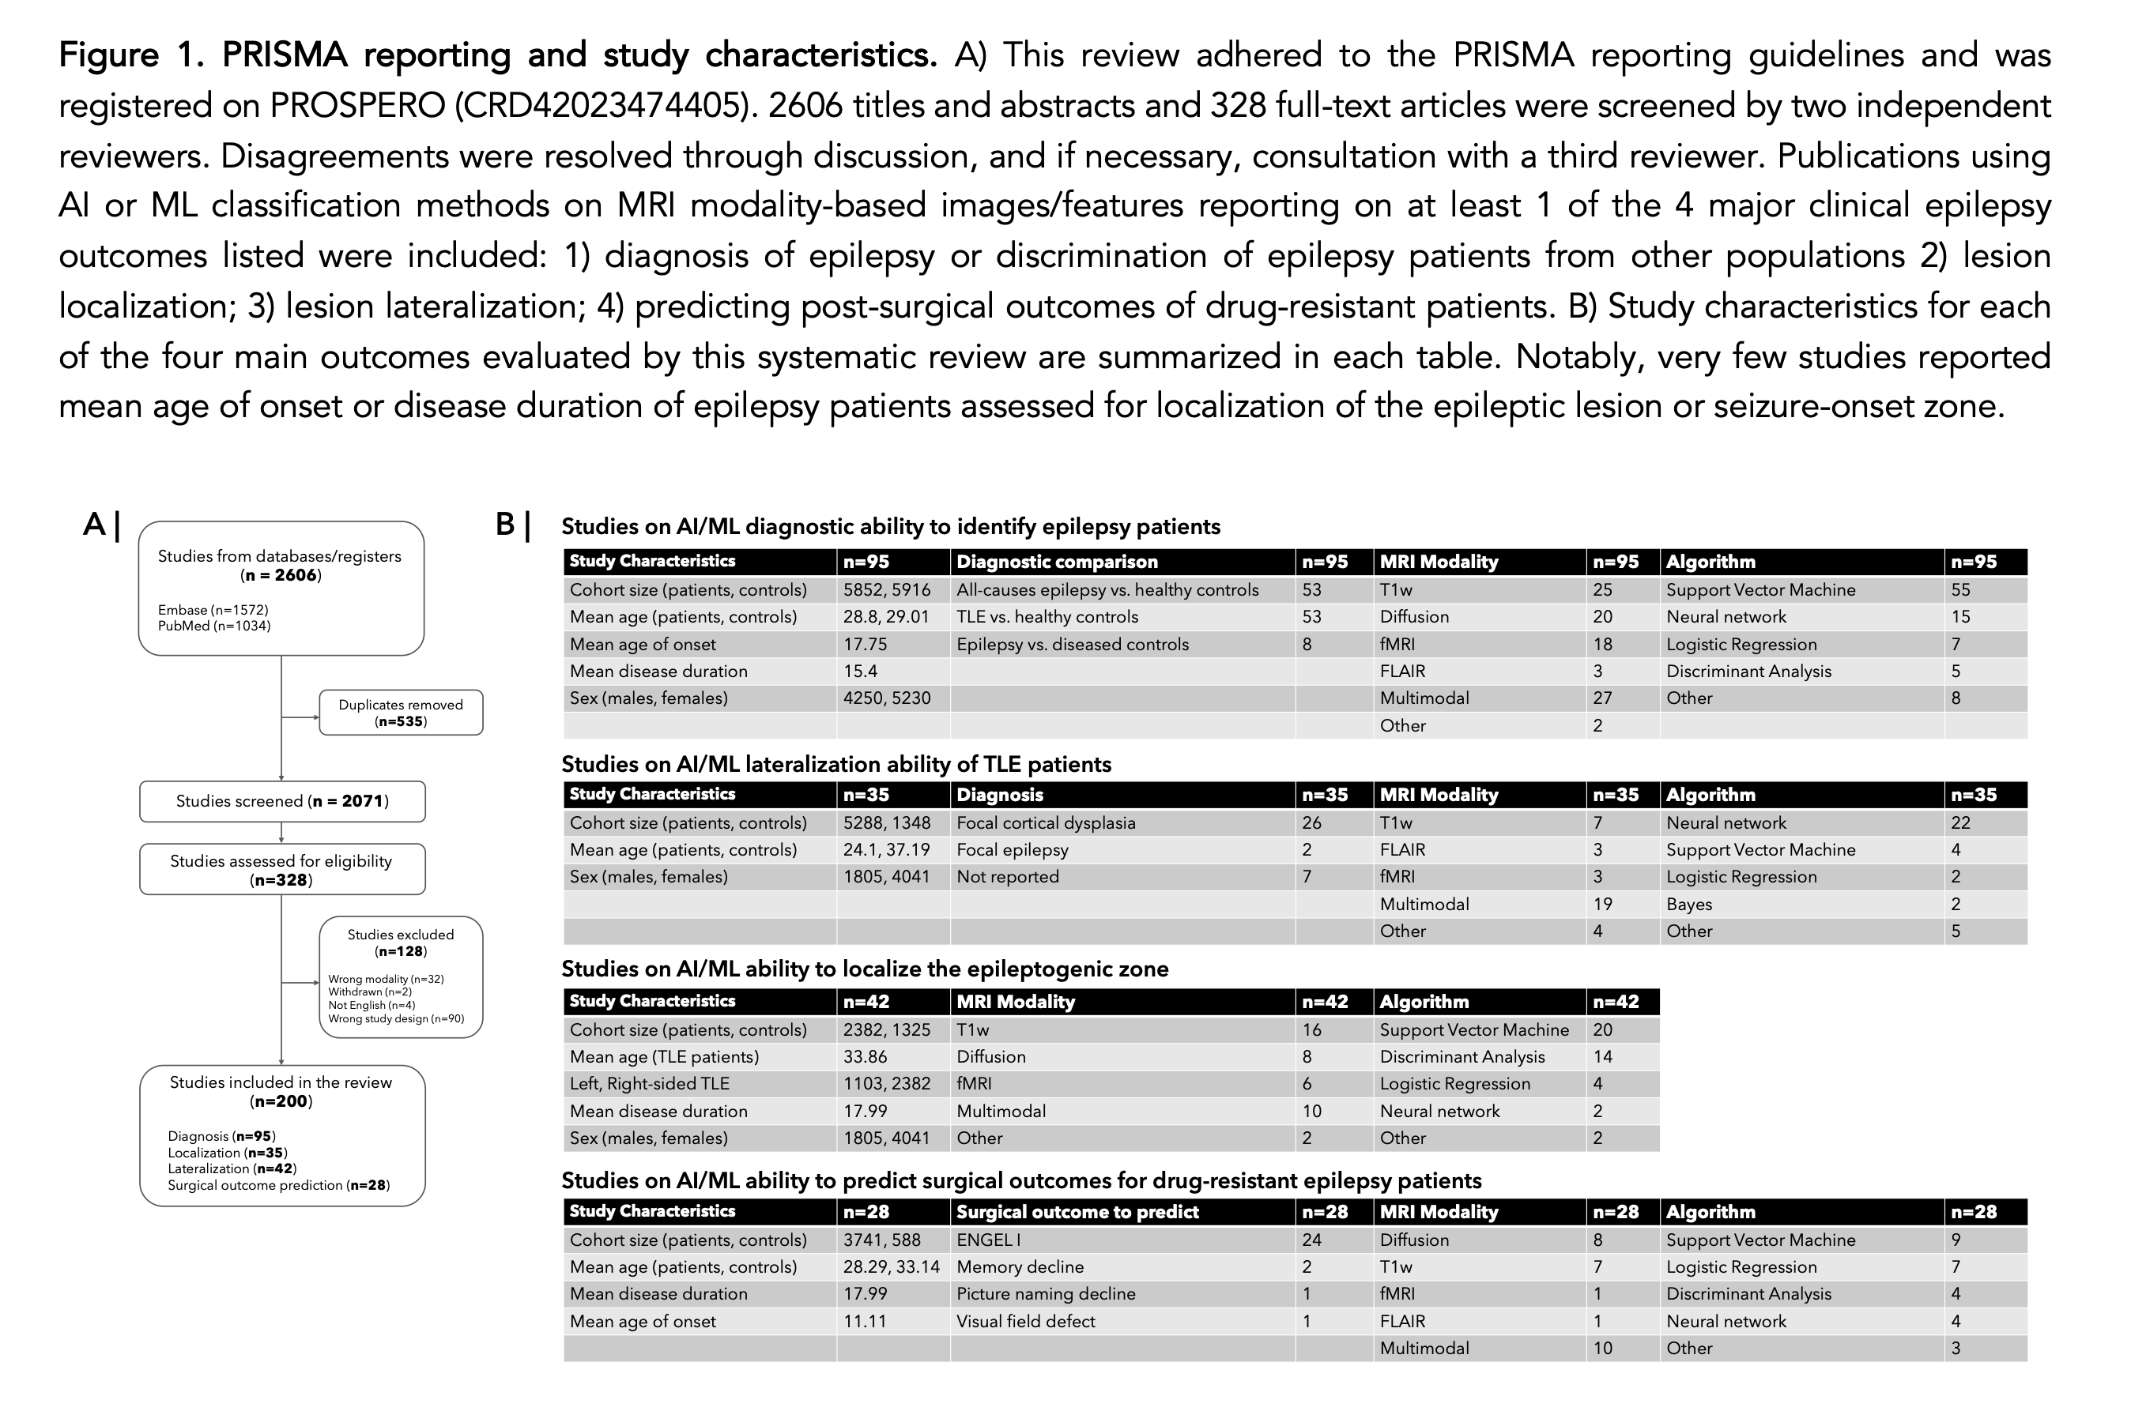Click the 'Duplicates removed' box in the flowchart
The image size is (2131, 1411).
pos(401,713)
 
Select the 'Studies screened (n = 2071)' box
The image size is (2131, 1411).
pos(282,801)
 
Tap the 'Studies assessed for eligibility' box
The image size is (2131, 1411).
pos(282,869)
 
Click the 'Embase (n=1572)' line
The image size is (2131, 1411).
pos(213,610)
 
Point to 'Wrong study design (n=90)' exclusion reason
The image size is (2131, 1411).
pos(396,1018)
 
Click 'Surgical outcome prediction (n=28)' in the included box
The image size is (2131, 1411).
pos(278,1185)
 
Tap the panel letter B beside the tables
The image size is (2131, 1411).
pos(505,524)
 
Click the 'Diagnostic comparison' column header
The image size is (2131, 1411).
pos(1057,562)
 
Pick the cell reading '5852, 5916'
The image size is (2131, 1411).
pos(887,589)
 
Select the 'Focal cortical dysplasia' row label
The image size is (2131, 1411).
pos(1047,822)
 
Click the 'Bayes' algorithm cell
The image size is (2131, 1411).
pos(1689,905)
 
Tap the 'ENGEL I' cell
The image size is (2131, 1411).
pos(989,1239)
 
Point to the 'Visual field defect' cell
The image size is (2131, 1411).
pos(1025,1321)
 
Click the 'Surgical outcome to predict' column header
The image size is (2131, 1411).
pos(1077,1211)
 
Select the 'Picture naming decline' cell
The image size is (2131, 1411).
pos(1047,1293)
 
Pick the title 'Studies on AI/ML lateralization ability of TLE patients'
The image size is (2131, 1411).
pos(836,764)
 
